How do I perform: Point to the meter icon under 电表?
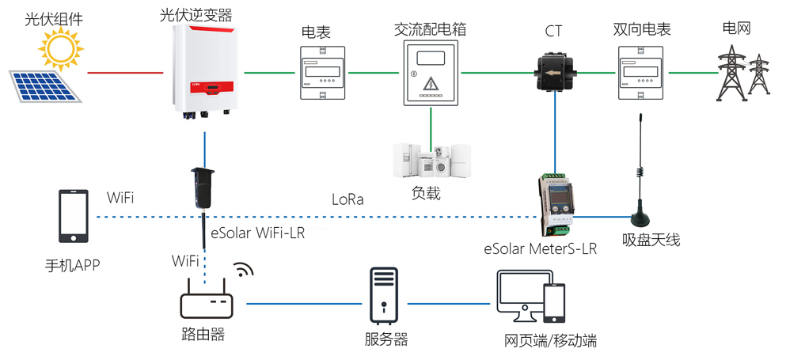323,72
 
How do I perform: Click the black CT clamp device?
555,73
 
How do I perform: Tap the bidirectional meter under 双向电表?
640,72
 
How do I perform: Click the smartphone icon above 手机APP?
74,216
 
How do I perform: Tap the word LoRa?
348,199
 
